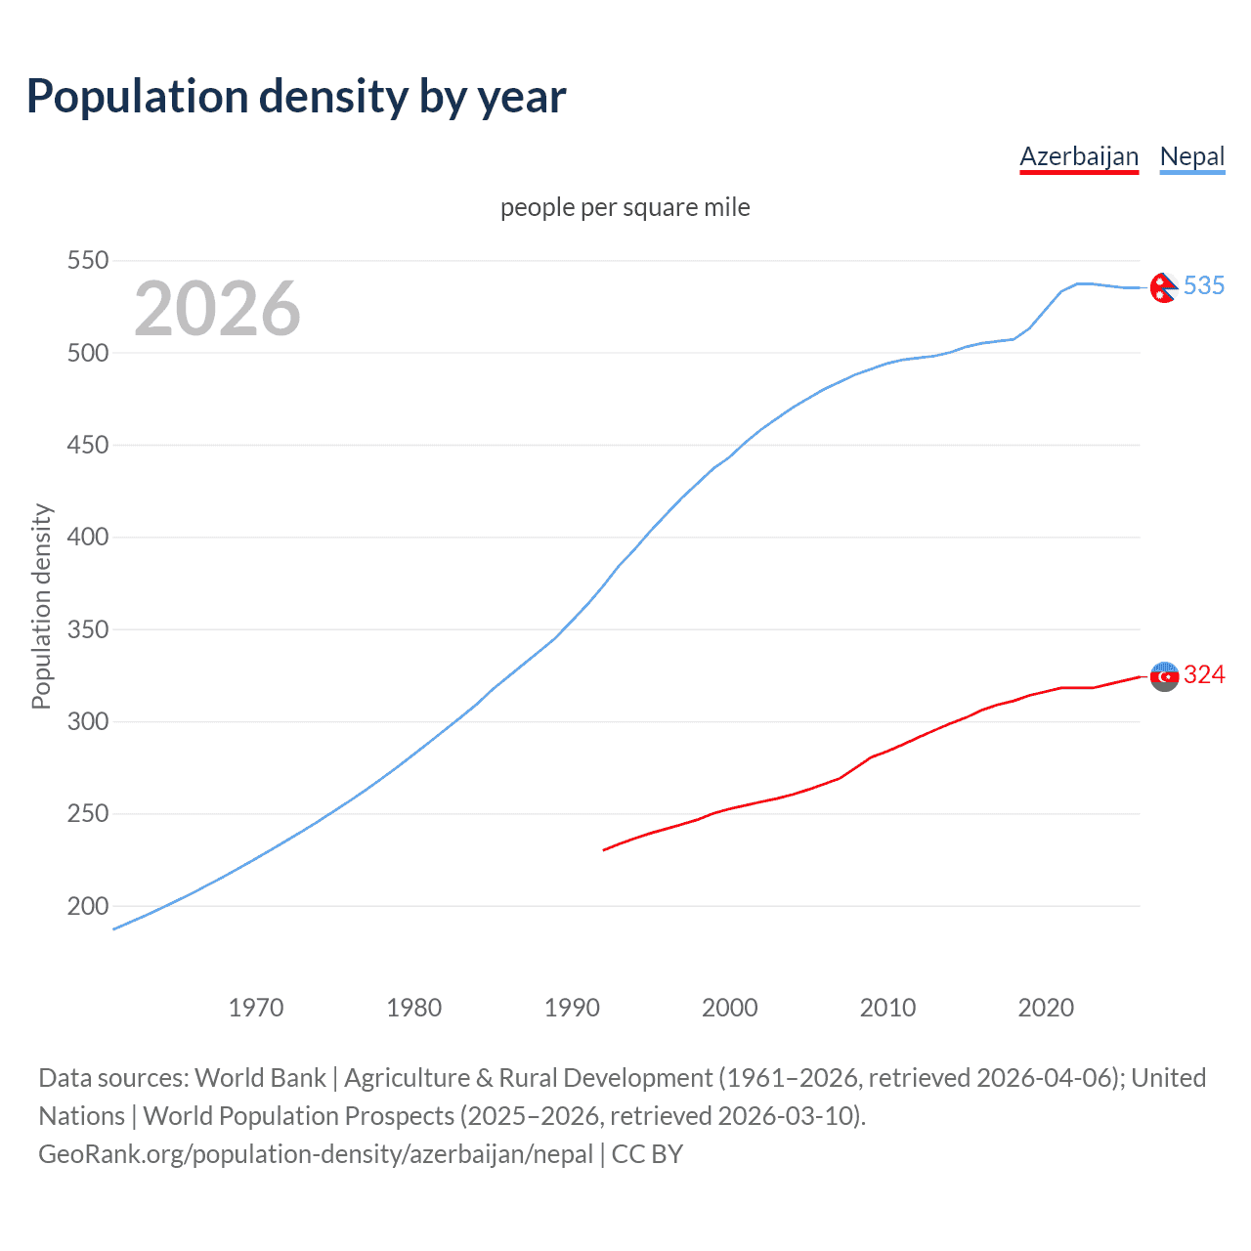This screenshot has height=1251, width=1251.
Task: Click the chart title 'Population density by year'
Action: click(x=296, y=97)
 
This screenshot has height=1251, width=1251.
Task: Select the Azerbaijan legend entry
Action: click(x=1079, y=156)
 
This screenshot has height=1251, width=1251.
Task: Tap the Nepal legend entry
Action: click(x=1191, y=156)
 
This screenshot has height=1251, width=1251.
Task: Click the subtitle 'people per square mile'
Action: click(x=625, y=207)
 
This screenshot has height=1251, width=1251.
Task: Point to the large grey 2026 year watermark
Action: click(x=217, y=309)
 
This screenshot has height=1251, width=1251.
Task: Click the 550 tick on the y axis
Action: click(x=87, y=261)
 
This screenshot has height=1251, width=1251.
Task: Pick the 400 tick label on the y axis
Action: click(x=87, y=538)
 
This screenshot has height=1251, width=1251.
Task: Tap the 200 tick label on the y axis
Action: click(x=87, y=906)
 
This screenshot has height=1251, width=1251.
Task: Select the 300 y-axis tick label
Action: click(x=87, y=722)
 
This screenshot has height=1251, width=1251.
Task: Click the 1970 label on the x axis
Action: click(x=256, y=1008)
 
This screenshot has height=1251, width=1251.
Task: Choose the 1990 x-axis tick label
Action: click(x=572, y=1008)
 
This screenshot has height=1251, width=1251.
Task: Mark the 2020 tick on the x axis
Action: click(x=1046, y=1008)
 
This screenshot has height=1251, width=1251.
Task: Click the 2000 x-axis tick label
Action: click(x=730, y=1008)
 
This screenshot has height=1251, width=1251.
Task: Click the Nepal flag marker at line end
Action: click(x=1163, y=287)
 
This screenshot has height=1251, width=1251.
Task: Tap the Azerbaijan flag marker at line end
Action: click(x=1164, y=676)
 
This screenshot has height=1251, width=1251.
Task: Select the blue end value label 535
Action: click(x=1204, y=285)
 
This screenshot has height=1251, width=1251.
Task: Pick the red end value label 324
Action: click(x=1204, y=674)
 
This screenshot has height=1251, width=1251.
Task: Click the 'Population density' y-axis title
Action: click(x=41, y=606)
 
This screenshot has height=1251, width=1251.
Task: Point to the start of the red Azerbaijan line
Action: click(x=604, y=850)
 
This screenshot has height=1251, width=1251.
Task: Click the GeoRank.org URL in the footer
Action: click(x=316, y=1154)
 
